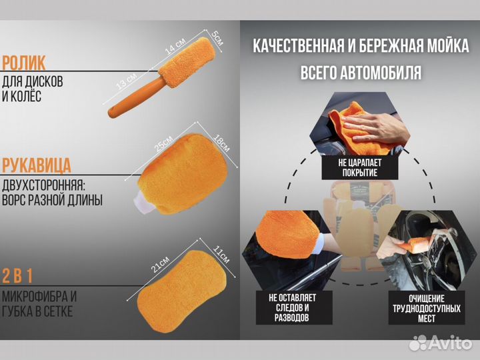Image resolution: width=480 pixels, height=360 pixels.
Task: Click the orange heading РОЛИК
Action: pyautogui.click(x=24, y=63)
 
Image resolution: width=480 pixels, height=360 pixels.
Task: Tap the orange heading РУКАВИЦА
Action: pyautogui.click(x=37, y=165)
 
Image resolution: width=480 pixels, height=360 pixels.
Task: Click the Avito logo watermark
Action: pyautogui.click(x=439, y=343)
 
